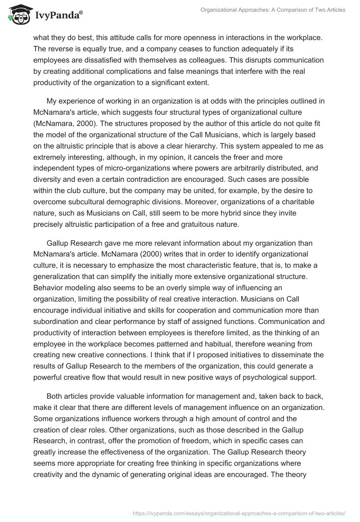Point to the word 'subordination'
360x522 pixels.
[x=56, y=321]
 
